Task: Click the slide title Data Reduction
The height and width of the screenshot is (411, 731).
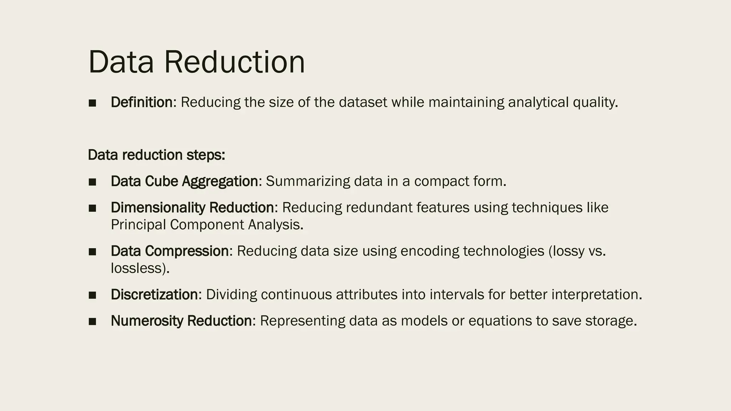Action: point(196,62)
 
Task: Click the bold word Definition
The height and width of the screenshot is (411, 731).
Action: point(142,102)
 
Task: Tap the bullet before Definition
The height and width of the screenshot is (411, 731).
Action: point(92,103)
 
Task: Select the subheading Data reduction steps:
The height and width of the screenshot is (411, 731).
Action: point(156,155)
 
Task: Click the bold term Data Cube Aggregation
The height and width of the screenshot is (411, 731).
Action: point(184,181)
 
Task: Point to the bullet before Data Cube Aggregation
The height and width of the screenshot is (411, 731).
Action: point(92,182)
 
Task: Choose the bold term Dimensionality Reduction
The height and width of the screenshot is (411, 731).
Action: point(192,208)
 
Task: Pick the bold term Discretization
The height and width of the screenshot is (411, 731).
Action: point(154,295)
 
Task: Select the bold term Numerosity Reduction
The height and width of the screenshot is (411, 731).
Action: point(181,321)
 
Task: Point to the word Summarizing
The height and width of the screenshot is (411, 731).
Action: point(308,181)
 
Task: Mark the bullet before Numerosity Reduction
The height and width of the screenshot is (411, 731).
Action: point(92,321)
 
